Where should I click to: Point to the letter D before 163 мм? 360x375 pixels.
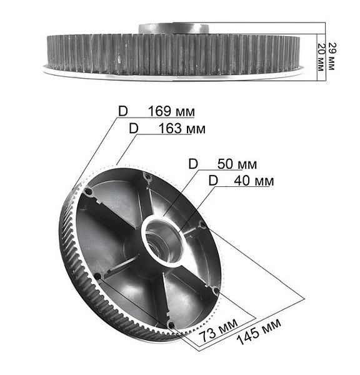coord(133,128)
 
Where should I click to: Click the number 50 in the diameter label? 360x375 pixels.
coord(226,164)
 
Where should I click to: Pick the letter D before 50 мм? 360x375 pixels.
coord(193,164)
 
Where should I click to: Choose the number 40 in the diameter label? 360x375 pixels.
coord(242,181)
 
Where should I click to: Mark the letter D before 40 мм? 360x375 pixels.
coord(213,181)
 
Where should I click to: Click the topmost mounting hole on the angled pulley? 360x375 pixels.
coord(147,177)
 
